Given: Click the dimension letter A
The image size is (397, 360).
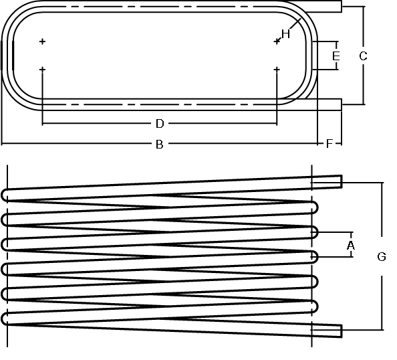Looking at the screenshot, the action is pyautogui.click(x=351, y=246).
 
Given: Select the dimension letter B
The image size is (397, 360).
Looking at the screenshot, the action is pyautogui.click(x=159, y=145).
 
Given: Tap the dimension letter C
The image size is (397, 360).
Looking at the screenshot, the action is pyautogui.click(x=363, y=56).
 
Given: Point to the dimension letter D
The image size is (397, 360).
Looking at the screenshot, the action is pyautogui.click(x=160, y=124).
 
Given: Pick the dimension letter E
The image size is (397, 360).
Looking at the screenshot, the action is pyautogui.click(x=336, y=56).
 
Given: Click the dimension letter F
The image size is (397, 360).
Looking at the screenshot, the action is pyautogui.click(x=329, y=144).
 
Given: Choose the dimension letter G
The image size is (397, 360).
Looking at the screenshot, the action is pyautogui.click(x=382, y=257).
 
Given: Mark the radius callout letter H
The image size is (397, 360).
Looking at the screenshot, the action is pyautogui.click(x=285, y=34).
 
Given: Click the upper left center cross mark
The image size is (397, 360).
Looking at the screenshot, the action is pyautogui.click(x=43, y=41).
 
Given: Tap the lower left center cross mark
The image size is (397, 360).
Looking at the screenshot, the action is pyautogui.click(x=43, y=69).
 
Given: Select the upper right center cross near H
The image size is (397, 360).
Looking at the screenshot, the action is pyautogui.click(x=277, y=41).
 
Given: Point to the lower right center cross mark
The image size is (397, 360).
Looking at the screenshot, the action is pyautogui.click(x=277, y=69).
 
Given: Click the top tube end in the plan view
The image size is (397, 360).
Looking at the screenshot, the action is pyautogui.click(x=342, y=6).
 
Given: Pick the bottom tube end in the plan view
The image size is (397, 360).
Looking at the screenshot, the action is pyautogui.click(x=342, y=104).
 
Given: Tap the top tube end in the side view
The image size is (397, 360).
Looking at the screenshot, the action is pyautogui.click(x=342, y=181).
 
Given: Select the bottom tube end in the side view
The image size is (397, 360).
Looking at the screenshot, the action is pyautogui.click(x=342, y=331).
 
